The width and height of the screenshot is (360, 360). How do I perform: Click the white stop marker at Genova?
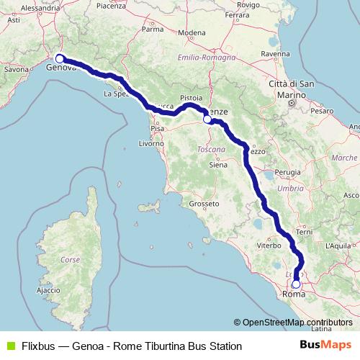(60, 60)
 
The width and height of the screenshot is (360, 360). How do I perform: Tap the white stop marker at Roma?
(295, 284)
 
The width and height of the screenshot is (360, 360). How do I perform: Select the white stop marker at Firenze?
(207, 120)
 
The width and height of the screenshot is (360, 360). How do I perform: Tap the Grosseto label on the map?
(204, 204)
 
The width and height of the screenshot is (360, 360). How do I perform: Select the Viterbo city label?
(268, 246)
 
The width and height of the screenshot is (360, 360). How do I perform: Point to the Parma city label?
(152, 30)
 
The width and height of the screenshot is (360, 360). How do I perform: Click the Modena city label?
(192, 33)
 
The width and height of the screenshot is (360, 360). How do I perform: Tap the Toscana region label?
(211, 150)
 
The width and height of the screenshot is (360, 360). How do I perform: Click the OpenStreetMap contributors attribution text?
(296, 323)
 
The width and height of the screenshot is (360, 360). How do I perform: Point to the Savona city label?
(16, 70)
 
